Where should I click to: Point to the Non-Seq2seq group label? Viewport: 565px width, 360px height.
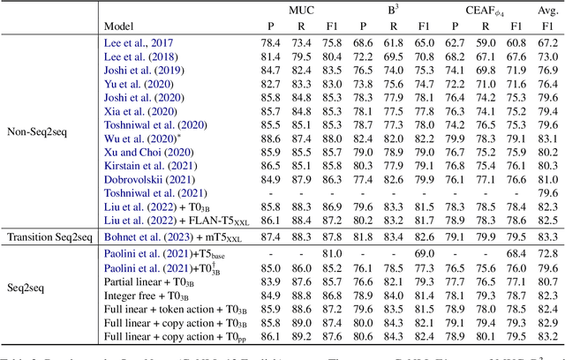(x=41, y=131)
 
